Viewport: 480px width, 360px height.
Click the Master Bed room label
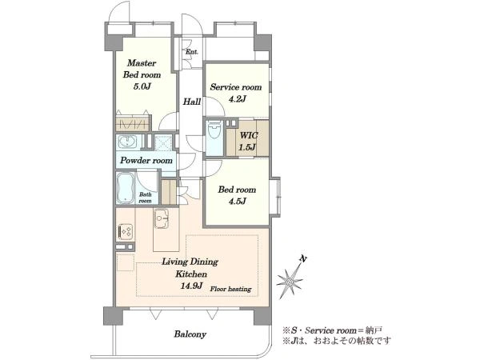[142, 69]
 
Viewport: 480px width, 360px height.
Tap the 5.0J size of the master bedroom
[142, 86]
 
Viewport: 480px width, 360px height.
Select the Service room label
[236, 87]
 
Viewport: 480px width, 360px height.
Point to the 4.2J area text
[236, 99]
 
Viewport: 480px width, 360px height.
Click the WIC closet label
[249, 135]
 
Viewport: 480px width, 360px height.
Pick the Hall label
[192, 102]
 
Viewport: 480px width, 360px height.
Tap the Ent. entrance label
[192, 52]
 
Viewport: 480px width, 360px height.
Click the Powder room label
[146, 161]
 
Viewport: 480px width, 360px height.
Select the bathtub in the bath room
[125, 188]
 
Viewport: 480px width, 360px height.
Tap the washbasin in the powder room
[127, 142]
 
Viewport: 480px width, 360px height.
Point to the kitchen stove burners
[126, 232]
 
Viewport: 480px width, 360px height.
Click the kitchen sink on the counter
[162, 219]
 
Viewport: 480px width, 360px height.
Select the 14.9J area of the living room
[192, 286]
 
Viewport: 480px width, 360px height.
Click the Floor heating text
[231, 289]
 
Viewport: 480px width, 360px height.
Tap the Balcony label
[190, 334]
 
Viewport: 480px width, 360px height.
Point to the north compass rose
[290, 279]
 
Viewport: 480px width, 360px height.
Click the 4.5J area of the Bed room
[237, 201]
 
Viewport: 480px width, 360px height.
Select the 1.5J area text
[247, 147]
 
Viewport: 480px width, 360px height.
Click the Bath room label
[145, 198]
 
